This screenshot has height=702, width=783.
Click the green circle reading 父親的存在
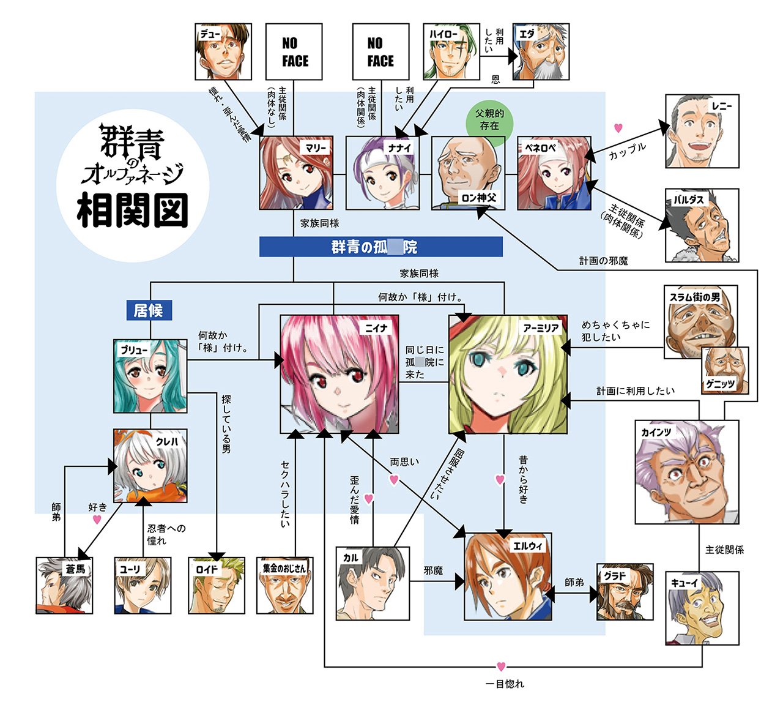pyautogui.click(x=489, y=120)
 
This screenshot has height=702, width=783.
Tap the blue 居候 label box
pyautogui.click(x=149, y=310)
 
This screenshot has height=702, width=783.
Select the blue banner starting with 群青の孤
pyautogui.click(x=380, y=247)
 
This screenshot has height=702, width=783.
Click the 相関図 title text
pyautogui.click(x=132, y=211)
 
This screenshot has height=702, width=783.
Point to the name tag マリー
pyautogui.click(x=316, y=147)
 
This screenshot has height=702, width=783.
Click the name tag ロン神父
pyautogui.click(x=479, y=198)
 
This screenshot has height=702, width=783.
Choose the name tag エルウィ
pyautogui.click(x=527, y=545)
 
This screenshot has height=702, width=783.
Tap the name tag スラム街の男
pyautogui.click(x=695, y=297)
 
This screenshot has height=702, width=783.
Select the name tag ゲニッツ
pyautogui.click(x=720, y=384)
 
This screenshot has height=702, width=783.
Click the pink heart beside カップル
pyautogui.click(x=618, y=128)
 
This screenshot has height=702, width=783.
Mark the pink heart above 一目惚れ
pyautogui.click(x=501, y=667)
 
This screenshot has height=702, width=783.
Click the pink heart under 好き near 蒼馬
pyautogui.click(x=97, y=520)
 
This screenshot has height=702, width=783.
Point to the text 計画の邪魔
pyautogui.click(x=603, y=261)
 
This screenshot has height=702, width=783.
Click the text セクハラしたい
pyautogui.click(x=285, y=494)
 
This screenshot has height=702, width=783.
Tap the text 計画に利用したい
pyautogui.click(x=636, y=390)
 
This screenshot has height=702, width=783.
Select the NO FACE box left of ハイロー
pyautogui.click(x=380, y=52)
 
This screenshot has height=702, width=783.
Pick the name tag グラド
pyautogui.click(x=615, y=575)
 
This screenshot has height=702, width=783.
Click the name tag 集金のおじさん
pyautogui.click(x=284, y=568)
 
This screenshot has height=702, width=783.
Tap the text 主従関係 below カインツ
pyautogui.click(x=724, y=550)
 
